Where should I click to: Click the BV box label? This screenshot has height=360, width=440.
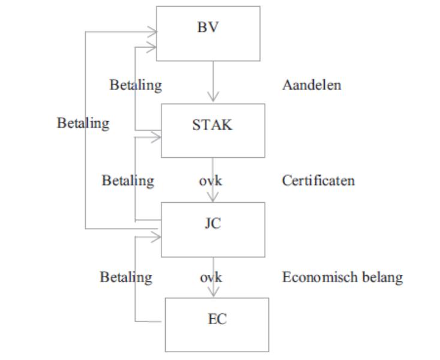click(208, 27)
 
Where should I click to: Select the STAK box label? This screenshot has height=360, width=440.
click(212, 125)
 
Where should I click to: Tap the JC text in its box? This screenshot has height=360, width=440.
click(213, 224)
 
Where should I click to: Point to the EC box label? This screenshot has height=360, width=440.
click(217, 319)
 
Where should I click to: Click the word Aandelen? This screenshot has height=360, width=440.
click(312, 85)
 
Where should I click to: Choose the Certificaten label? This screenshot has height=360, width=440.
click(318, 181)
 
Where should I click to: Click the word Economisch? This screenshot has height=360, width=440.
click(320, 277)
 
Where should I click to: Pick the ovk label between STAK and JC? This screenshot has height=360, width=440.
click(211, 181)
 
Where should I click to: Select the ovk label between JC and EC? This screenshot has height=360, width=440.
click(211, 277)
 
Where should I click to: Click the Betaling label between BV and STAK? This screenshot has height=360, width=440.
click(136, 85)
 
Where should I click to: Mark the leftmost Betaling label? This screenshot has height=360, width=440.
click(83, 124)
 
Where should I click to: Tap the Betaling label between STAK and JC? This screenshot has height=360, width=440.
click(128, 181)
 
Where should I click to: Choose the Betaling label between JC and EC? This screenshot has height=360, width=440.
click(126, 278)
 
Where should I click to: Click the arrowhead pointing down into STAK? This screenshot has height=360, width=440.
click(213, 97)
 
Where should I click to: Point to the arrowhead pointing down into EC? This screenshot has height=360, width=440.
click(213, 292)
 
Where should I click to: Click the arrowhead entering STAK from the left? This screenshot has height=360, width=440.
click(156, 137)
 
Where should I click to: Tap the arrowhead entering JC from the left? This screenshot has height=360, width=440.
click(156, 237)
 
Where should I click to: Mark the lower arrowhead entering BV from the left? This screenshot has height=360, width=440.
click(151, 47)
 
